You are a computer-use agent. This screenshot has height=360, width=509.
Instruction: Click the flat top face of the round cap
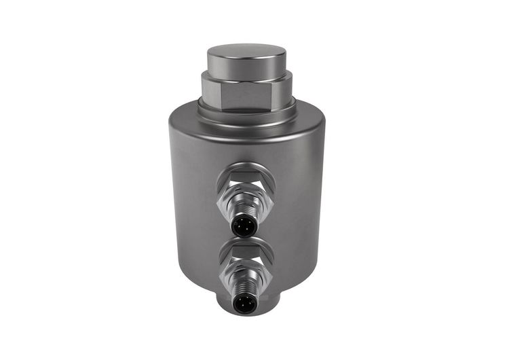(x=246, y=52)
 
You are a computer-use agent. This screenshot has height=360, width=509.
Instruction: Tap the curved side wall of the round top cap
(x=246, y=67)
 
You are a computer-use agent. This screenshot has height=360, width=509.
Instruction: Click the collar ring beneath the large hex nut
(x=246, y=109)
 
